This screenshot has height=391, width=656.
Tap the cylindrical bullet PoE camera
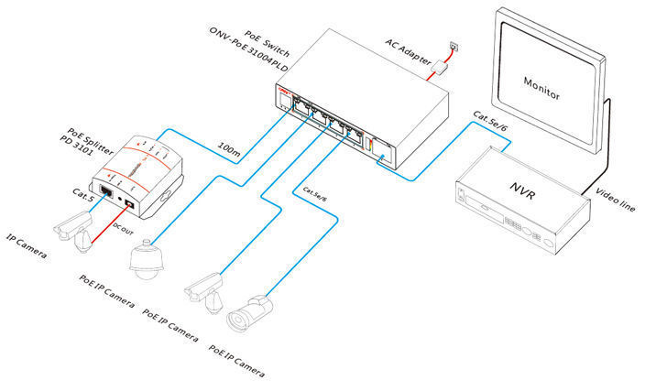point(249,311)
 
